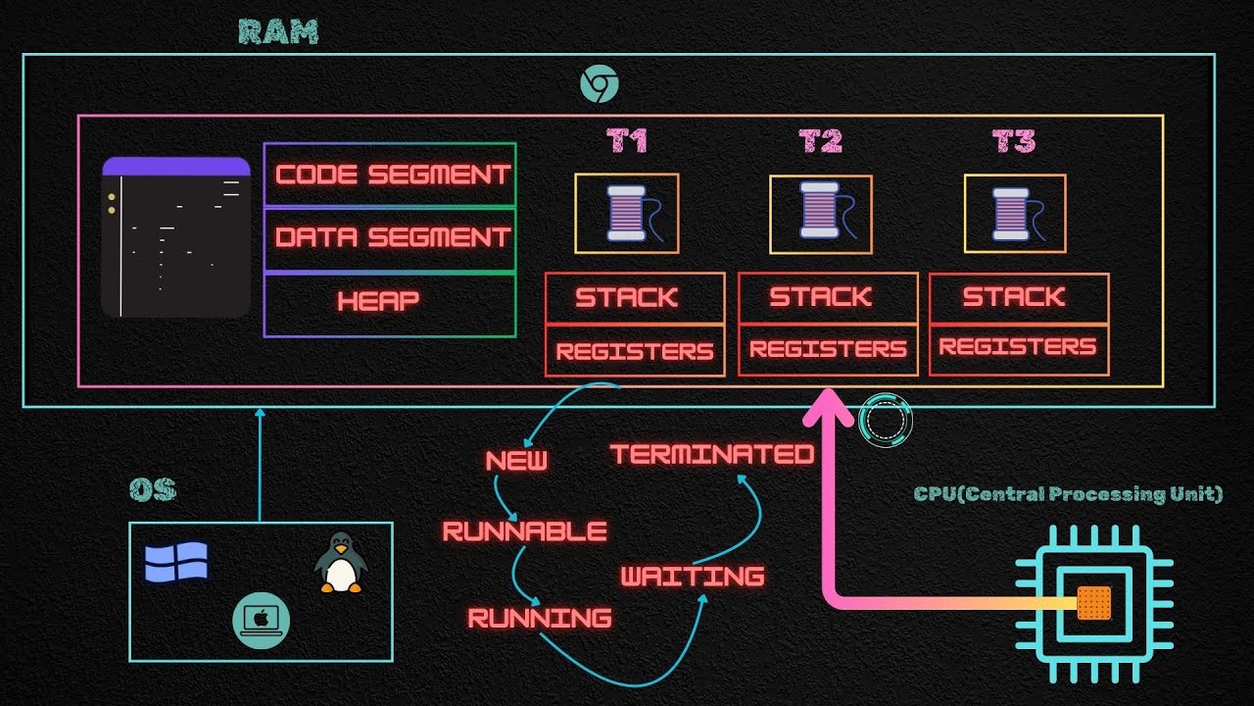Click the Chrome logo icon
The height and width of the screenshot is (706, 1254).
coord(599,84)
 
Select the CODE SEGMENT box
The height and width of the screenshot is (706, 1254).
coord(390,175)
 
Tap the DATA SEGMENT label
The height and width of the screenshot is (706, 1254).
coord(392,237)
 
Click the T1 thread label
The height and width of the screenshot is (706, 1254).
coord(627,142)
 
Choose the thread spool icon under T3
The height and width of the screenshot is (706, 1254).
coord(1013,213)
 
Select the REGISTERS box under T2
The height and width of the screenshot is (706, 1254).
coord(828,350)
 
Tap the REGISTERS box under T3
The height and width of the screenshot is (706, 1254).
coord(1018,347)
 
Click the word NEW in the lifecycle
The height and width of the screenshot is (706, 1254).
coord(516,461)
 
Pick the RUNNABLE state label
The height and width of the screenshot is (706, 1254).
coord(525,531)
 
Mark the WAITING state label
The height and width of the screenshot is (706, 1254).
coord(693,576)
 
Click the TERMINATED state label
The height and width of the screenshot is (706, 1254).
coord(712,454)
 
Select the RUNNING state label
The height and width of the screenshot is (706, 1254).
coord(540,618)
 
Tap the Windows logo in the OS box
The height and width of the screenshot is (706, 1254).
coord(176,563)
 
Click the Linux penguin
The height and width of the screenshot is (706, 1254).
coord(340,563)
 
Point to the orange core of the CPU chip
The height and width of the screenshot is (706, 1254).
coord(1093,603)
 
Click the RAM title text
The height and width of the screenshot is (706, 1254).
coord(279,31)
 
